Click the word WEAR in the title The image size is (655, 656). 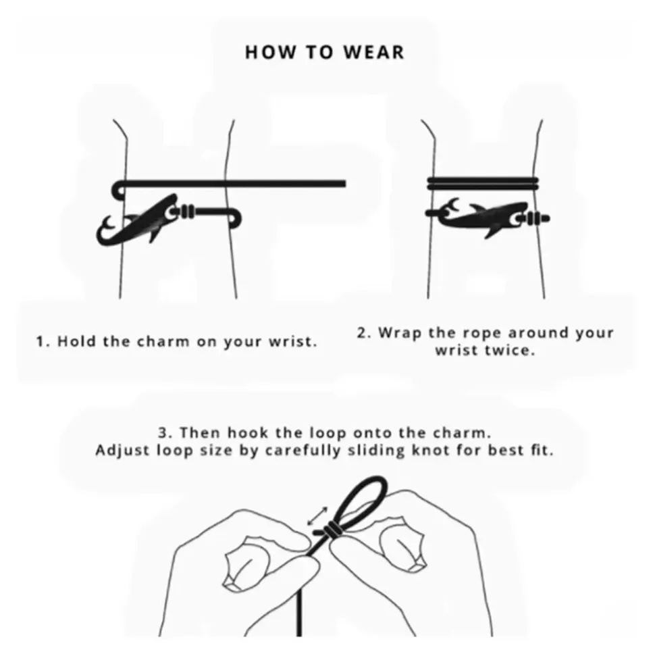pos(374,52)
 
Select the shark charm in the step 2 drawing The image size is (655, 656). pos(486,218)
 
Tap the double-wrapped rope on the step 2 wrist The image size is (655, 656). pos(483,184)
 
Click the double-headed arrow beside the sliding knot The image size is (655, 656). pos(318,516)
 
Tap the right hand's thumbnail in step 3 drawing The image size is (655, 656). pos(402,547)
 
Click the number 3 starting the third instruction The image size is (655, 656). pos(163,432)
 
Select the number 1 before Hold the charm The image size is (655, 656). pos(41,342)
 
